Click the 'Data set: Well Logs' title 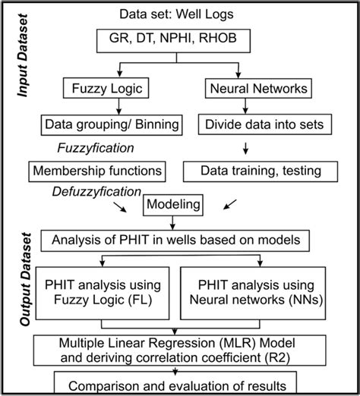click(x=180, y=14)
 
